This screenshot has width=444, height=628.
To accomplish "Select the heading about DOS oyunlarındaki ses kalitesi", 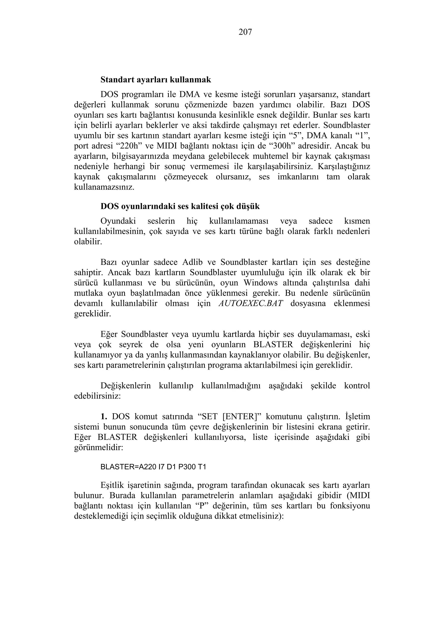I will pos(180,206).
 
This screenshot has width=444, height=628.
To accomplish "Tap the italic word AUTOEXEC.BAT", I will pos(251,304).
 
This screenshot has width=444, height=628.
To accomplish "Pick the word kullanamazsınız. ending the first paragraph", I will pos(104,187).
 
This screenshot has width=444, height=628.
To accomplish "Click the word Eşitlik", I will pos(112,485).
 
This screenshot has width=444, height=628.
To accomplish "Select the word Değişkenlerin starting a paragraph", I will pos(126,386).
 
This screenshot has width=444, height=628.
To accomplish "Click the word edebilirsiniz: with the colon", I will pos(97,396).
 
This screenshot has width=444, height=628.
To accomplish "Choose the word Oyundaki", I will pos(118,221).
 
